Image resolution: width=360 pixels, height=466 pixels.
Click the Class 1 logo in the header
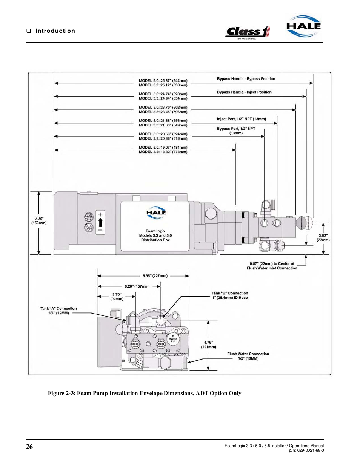pyautogui.click(x=248, y=32)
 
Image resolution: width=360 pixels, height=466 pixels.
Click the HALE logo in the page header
pyautogui.click(x=303, y=26)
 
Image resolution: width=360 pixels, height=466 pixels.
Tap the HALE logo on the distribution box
pyautogui.click(x=156, y=212)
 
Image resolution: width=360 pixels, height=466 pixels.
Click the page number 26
pyautogui.click(x=29, y=446)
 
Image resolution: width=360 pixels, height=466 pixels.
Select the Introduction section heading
pyautogui.click(x=55, y=31)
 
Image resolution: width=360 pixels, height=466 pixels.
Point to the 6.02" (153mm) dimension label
pyautogui.click(x=39, y=220)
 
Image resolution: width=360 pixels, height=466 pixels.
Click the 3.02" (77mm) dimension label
pyautogui.click(x=323, y=238)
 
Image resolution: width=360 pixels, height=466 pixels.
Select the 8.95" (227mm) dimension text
pyautogui.click(x=155, y=275)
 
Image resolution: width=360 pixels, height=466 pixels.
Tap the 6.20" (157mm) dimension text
pyautogui.click(x=137, y=286)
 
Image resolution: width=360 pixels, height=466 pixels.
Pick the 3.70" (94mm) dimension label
pyautogui.click(x=117, y=297)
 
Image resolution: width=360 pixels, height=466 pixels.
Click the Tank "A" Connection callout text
pyautogui.click(x=58, y=311)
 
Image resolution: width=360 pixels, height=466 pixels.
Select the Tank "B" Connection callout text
pyautogui.click(x=230, y=295)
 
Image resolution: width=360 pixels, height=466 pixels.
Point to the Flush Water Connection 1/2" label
pyautogui.click(x=248, y=356)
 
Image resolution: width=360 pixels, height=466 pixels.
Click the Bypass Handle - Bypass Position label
pyautogui.click(x=246, y=79)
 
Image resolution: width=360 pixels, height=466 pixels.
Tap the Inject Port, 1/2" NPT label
pyautogui.click(x=242, y=119)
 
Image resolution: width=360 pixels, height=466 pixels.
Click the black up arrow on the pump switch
pyautogui.click(x=100, y=222)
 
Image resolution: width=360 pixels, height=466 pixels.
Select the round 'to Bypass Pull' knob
pyautogui.click(x=173, y=339)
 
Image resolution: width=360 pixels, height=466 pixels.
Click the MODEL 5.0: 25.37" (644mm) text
pyautogui.click(x=163, y=80)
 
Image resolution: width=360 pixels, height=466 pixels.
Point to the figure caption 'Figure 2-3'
pyautogui.click(x=145, y=393)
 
